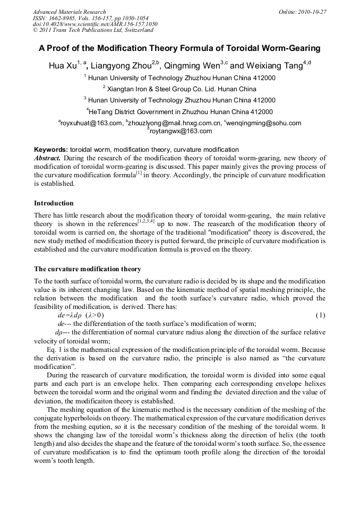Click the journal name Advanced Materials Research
pos(69,12)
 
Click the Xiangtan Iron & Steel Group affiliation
pos(179,89)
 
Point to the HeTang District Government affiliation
pos(179,111)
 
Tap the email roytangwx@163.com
pos(180,131)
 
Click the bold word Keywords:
pos(51,150)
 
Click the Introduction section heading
pos(54,203)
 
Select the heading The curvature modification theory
pos(88,269)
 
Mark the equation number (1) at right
pos(320,315)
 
